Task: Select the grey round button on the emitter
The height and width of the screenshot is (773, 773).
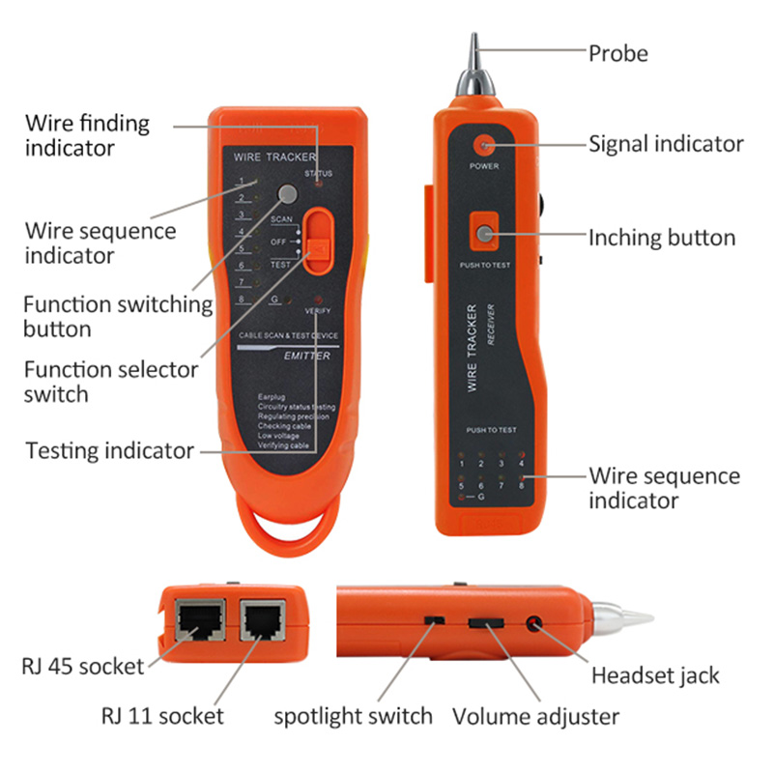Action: [286, 192]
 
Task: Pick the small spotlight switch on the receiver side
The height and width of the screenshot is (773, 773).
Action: [434, 619]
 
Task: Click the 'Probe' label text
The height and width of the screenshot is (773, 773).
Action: [618, 53]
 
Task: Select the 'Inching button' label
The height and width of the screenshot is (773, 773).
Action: [662, 238]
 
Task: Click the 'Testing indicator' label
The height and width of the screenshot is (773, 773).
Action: [109, 450]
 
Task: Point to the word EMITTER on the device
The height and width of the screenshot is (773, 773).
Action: [307, 356]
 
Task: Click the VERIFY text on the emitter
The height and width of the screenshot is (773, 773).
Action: [318, 311]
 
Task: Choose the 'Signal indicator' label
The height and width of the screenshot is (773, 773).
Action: [666, 144]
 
